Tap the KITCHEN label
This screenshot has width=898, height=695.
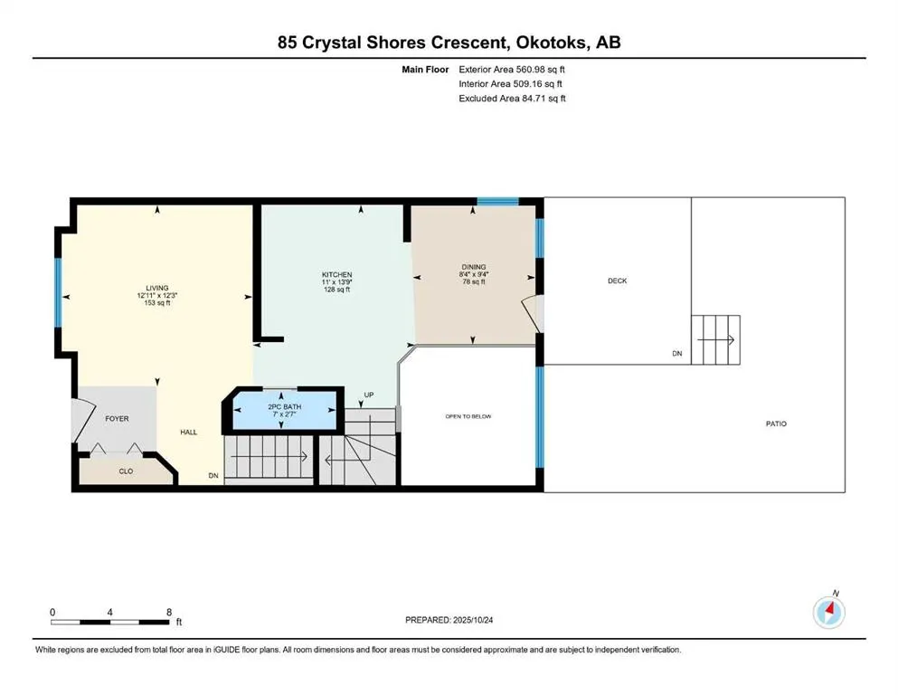337,274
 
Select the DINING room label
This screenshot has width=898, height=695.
474,266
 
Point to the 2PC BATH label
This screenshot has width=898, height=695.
285,407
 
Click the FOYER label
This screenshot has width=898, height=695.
117,419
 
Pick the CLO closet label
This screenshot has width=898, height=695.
126,471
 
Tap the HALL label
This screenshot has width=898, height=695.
188,432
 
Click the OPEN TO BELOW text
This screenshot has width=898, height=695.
468,416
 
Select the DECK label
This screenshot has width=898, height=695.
617,281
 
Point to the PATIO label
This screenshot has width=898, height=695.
776,424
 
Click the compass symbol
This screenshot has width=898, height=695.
828,613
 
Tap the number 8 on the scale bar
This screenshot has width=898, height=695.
169,612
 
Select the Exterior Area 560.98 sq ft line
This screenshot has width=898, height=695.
512,69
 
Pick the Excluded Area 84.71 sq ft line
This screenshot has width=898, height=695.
512,99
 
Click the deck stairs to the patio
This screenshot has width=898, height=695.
716,340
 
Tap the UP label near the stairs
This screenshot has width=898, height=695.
368,395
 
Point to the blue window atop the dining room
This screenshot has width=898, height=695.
497,201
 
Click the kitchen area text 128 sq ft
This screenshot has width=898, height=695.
337,290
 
